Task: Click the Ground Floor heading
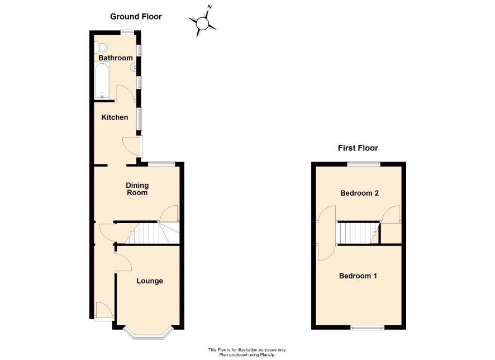point(136,17)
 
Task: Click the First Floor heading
point(358,148)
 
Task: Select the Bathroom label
point(116,58)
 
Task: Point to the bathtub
point(102,80)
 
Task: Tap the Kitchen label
point(115,117)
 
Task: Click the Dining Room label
point(137,189)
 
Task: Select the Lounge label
point(150,281)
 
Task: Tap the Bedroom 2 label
point(359,193)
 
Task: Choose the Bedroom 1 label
point(358,276)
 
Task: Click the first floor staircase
point(359,233)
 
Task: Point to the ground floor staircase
point(153,233)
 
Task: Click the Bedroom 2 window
point(364,163)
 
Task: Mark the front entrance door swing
point(104,310)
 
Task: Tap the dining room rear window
point(161,163)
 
